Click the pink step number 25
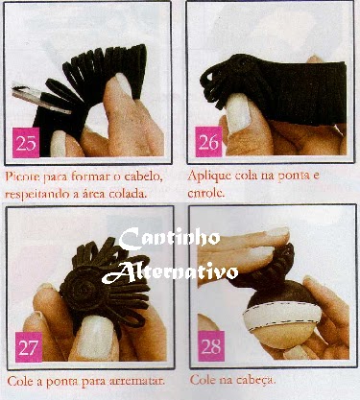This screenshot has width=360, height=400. (26, 143)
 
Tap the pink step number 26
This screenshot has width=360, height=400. (208, 142)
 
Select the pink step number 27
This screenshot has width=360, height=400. (29, 347)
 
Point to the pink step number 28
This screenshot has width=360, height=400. (211, 346)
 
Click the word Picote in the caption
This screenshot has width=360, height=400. (22, 176)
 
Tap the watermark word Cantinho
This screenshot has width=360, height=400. (170, 238)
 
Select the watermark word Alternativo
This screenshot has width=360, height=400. (170, 272)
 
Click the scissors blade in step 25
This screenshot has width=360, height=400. (42, 99)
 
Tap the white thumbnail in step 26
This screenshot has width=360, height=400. (238, 113)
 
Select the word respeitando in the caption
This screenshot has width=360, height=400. (37, 195)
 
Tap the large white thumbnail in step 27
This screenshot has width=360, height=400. (95, 335)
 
